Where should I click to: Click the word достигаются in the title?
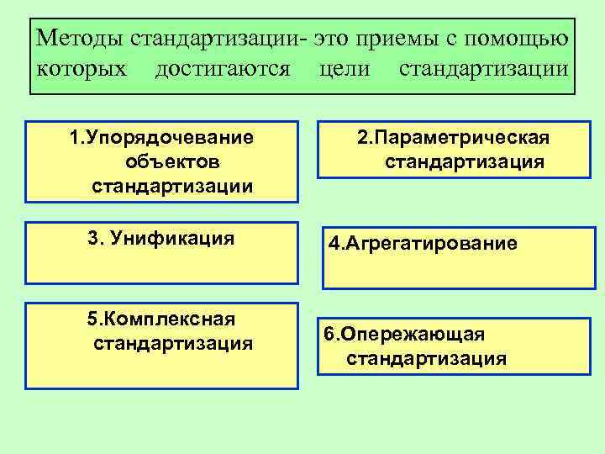224,67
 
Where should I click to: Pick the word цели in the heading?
345,67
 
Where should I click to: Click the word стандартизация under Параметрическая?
465,161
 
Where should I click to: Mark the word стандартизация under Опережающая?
426,359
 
